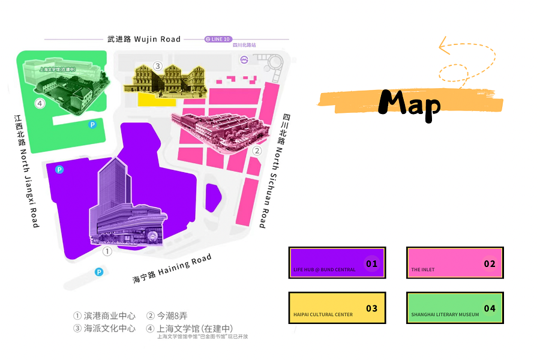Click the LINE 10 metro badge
click(218, 39)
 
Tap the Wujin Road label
click(144, 39)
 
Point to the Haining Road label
click(172, 269)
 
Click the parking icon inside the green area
click(92, 125)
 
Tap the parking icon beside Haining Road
click(99, 272)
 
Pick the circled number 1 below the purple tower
click(107, 251)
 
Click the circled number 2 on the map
click(257, 151)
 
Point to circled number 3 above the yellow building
click(158, 66)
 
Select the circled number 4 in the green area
click(40, 103)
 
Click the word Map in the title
click(410, 103)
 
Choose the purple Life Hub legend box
click(337, 263)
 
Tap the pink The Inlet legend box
click(455, 263)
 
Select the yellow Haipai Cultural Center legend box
click(337, 308)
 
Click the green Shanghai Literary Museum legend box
click(455, 308)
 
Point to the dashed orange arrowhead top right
click(444, 45)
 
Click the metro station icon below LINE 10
click(245, 59)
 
